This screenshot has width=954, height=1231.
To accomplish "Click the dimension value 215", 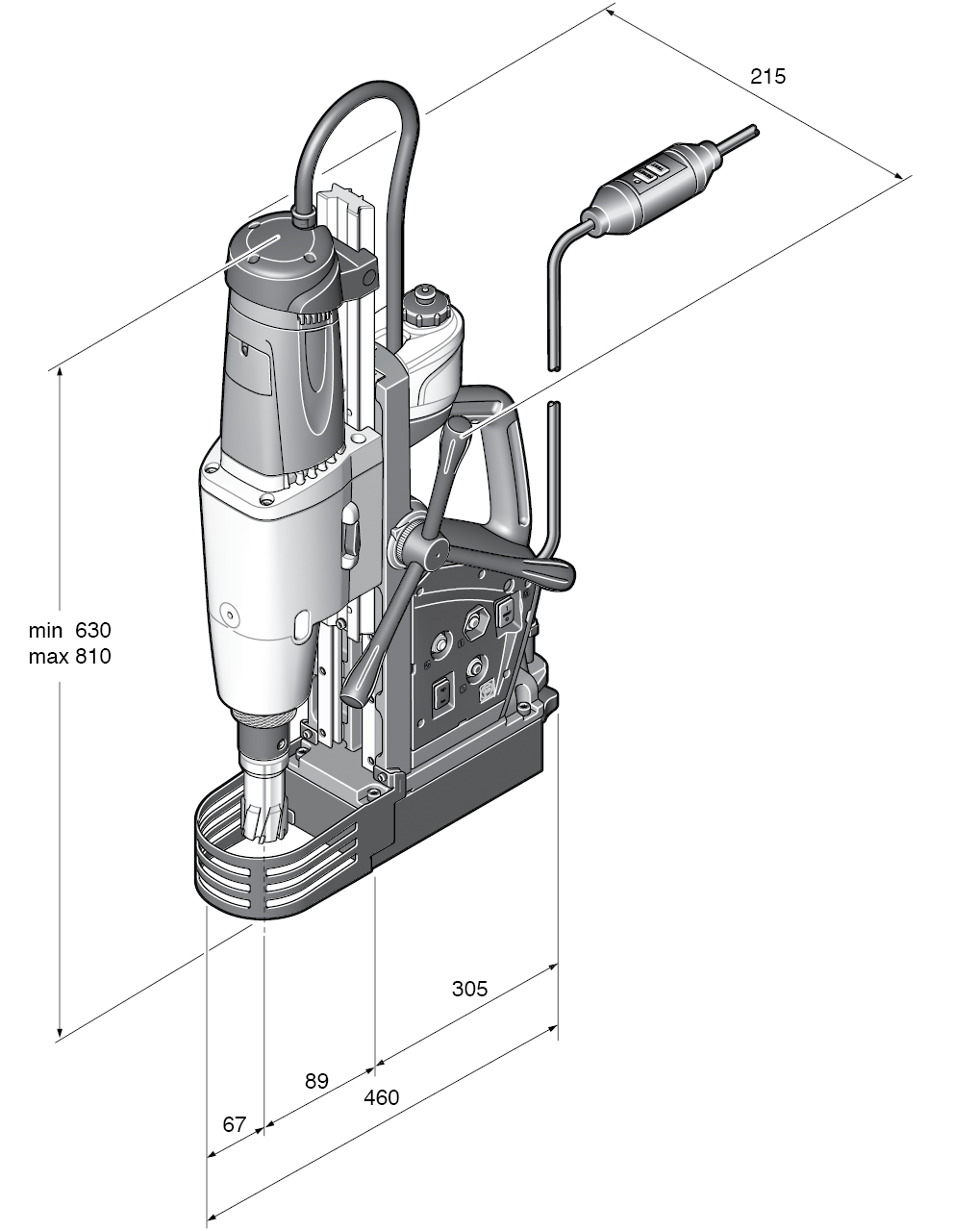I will (767, 77).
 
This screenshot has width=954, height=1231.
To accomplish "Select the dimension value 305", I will (469, 989).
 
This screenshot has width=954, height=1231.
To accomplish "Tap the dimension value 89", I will (316, 1081).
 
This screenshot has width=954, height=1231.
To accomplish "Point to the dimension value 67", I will (235, 1123).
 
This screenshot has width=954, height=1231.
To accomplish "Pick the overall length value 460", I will (381, 1097).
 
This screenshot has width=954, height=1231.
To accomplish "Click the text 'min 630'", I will (69, 631).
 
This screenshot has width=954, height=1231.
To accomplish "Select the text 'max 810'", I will (69, 657).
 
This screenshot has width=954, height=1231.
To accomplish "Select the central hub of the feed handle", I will (419, 551).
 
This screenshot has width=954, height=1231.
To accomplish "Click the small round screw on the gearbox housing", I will (230, 611).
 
